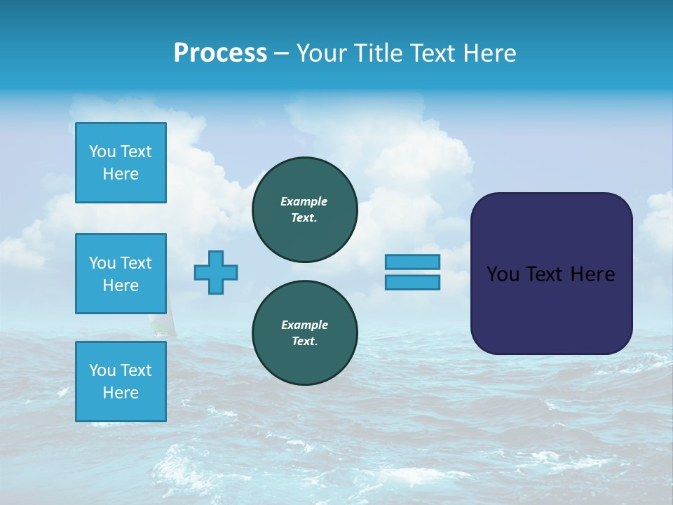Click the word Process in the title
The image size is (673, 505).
tap(220, 53)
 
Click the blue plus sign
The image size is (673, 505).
tap(216, 272)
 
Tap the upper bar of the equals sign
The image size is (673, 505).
tap(412, 262)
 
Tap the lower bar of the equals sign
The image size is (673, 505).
tap(412, 282)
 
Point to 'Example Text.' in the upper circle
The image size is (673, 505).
tap(304, 210)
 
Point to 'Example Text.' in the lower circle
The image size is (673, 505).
tap(304, 333)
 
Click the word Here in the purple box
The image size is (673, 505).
tap(592, 274)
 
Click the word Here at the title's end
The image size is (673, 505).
tap(490, 53)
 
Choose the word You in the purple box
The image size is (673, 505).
tap(502, 274)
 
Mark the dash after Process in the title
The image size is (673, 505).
tap(281, 53)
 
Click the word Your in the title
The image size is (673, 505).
tap(322, 53)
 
